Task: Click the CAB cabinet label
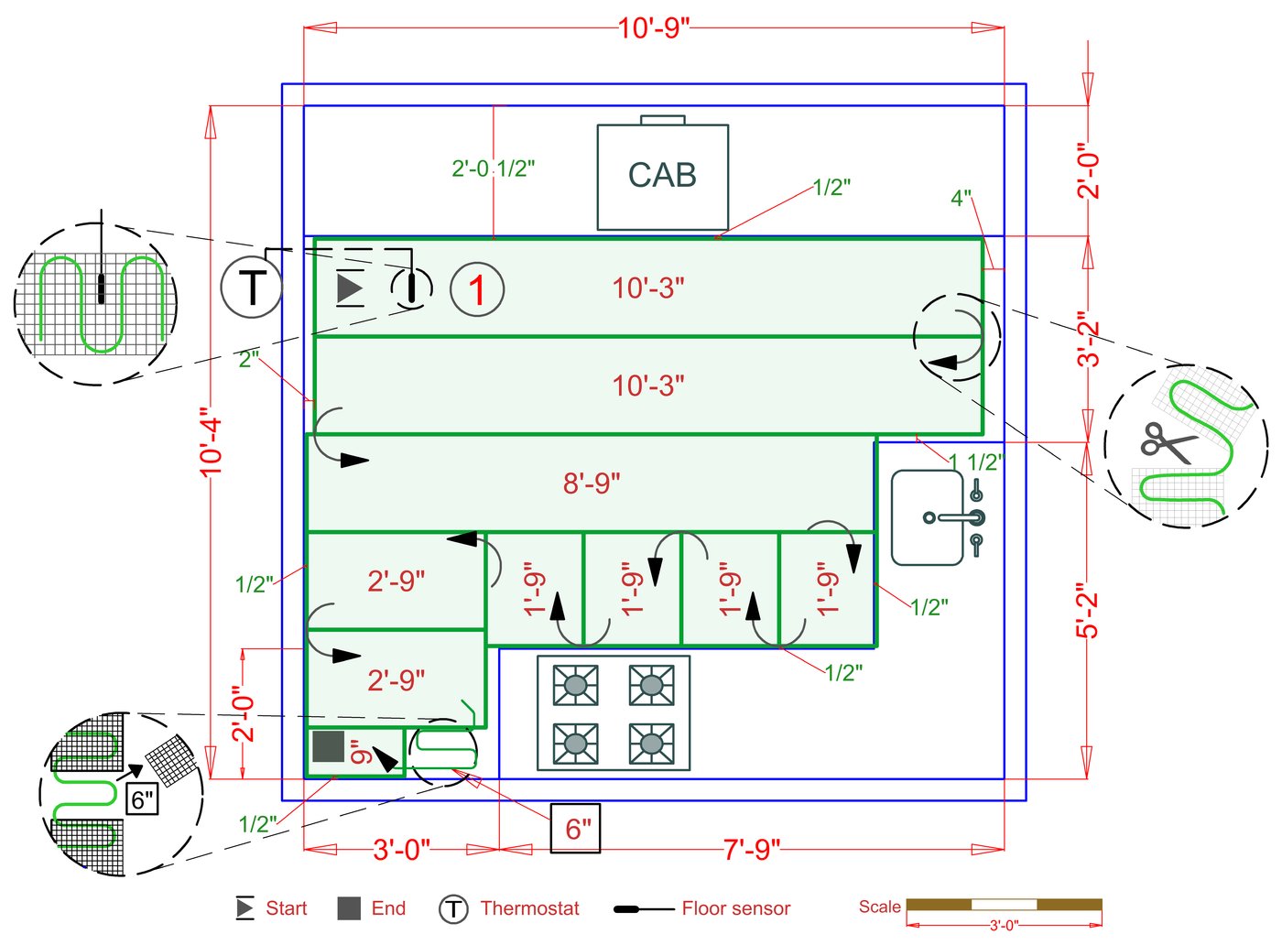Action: tap(662, 175)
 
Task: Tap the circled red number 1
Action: tap(477, 289)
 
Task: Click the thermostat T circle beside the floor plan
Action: tap(252, 288)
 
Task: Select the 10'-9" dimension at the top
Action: tap(653, 27)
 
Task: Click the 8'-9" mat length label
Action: tap(592, 483)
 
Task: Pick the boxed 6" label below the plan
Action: tap(576, 829)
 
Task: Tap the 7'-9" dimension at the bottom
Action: tap(752, 850)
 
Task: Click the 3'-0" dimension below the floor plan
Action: tap(401, 850)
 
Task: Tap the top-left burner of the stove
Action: tap(576, 685)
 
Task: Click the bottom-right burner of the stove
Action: tap(651, 744)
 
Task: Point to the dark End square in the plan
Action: tap(328, 746)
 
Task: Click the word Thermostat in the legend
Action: tap(529, 908)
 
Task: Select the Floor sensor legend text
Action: tap(735, 908)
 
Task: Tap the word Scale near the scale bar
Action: tap(879, 907)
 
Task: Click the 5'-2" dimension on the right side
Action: tap(1087, 610)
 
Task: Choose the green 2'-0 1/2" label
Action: tap(493, 168)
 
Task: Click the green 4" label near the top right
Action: tap(961, 198)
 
